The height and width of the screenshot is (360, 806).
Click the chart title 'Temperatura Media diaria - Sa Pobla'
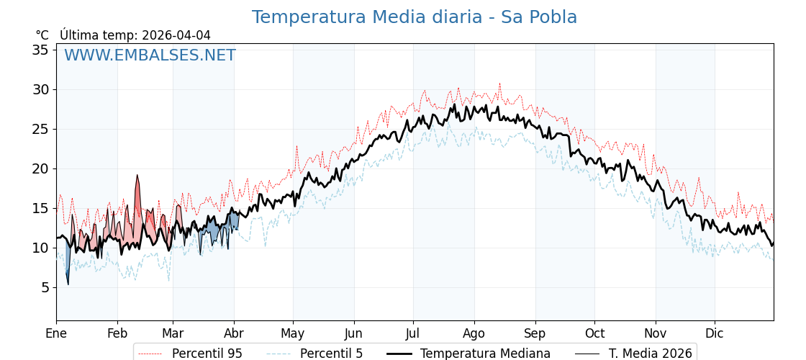[x=414, y=17]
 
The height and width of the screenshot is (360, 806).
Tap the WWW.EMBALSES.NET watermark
[x=150, y=55]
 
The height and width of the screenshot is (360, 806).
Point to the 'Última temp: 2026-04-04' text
[x=135, y=35]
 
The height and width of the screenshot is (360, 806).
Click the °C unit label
[x=42, y=35]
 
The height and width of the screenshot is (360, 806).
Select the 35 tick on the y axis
[x=40, y=50]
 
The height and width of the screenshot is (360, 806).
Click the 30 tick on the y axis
[x=40, y=89]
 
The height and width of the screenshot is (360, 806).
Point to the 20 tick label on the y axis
[x=40, y=168]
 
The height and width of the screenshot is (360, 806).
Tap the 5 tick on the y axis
[x=44, y=287]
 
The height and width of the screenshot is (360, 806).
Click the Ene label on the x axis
[x=56, y=333]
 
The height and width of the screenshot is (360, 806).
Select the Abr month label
[x=234, y=333]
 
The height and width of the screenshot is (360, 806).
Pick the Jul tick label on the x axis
[x=413, y=333]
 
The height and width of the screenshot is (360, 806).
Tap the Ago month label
[x=474, y=333]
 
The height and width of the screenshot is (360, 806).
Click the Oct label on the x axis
[x=594, y=333]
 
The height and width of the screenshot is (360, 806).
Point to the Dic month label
[x=715, y=333]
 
